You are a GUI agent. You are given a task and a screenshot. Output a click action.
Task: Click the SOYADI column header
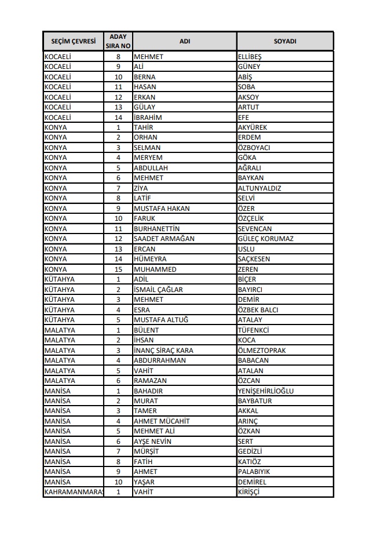pos(284,42)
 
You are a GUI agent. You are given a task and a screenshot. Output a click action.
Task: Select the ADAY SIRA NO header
pos(118,42)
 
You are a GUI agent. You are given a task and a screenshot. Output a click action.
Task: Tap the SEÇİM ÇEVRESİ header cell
pos(74,42)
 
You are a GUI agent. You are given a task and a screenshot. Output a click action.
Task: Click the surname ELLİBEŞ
pos(250,57)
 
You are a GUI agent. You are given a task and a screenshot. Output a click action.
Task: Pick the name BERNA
pos(144,77)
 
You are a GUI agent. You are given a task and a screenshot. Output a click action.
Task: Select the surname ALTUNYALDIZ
pos(260,188)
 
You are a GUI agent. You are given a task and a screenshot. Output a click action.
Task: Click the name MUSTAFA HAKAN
pos(162,209)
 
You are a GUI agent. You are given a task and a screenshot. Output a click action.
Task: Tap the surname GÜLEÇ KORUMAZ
pos(265,239)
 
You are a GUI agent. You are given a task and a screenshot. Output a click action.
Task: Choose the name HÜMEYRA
pos(149,259)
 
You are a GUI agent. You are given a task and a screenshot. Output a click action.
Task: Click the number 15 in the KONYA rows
pos(118,269)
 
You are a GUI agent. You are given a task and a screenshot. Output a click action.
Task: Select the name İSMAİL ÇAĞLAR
pos(158,290)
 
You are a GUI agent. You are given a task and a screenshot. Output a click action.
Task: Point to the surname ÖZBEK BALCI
pos(258,310)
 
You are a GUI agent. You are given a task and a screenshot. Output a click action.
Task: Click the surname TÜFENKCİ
pos(254,330)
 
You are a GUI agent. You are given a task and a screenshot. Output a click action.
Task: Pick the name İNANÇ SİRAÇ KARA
pos(163,351)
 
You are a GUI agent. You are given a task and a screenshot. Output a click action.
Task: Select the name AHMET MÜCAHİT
pos(161,421)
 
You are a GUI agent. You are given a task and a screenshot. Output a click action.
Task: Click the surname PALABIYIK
pos(254,472)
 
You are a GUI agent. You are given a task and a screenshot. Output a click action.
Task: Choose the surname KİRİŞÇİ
pos(249,492)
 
